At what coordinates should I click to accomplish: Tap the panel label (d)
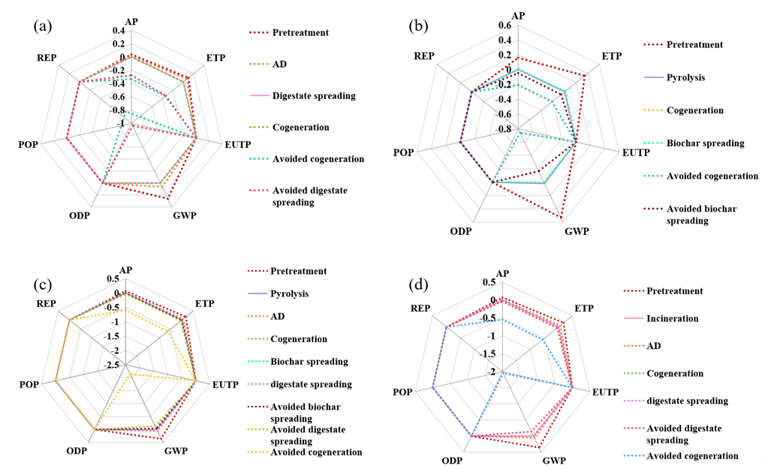(x=419, y=284)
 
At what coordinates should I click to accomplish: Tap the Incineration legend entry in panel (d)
(x=672, y=318)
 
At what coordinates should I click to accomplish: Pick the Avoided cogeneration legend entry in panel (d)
(x=691, y=455)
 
